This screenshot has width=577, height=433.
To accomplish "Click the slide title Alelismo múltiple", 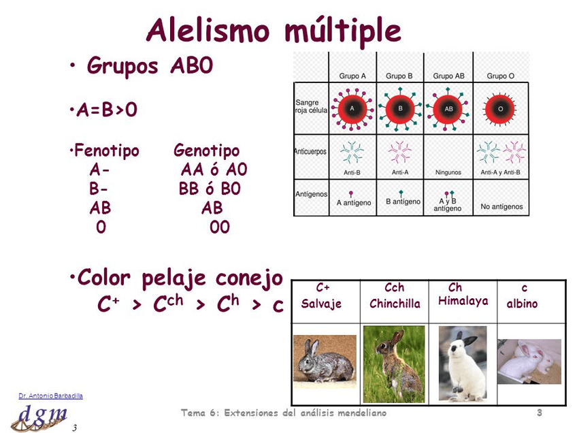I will [x=274, y=31].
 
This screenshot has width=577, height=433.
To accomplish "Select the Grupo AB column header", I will [x=448, y=76].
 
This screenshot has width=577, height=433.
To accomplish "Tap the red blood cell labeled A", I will [x=352, y=108].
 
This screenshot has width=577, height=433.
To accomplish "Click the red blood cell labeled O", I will [x=500, y=108].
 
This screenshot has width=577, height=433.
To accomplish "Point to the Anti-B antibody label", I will [x=352, y=172].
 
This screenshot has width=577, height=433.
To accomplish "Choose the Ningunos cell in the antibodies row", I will [x=448, y=172].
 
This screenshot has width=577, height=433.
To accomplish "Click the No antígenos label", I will [x=500, y=206].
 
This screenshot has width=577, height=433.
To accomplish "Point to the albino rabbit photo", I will [x=529, y=362].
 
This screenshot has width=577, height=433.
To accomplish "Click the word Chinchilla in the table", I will [x=395, y=304].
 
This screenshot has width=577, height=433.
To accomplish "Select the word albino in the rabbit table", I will [x=522, y=304].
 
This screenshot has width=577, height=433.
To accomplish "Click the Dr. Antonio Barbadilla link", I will [x=50, y=396].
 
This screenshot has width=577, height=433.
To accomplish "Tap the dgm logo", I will [x=42, y=415].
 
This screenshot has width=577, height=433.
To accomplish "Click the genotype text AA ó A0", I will [x=213, y=170].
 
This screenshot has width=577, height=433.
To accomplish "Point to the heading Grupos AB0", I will [x=150, y=66].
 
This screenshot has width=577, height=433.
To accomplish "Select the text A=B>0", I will [x=105, y=110].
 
